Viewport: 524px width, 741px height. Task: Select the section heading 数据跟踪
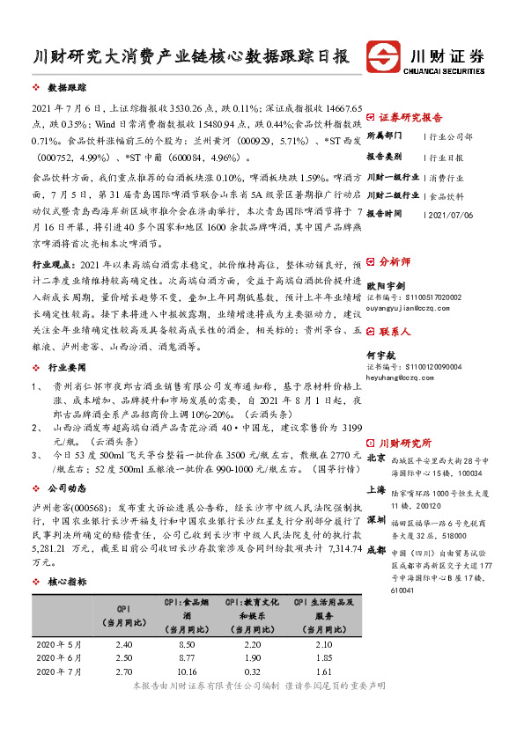(x=67, y=90)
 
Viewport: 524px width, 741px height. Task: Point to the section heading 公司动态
(x=67, y=487)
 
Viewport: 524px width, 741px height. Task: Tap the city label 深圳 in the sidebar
(x=376, y=520)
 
